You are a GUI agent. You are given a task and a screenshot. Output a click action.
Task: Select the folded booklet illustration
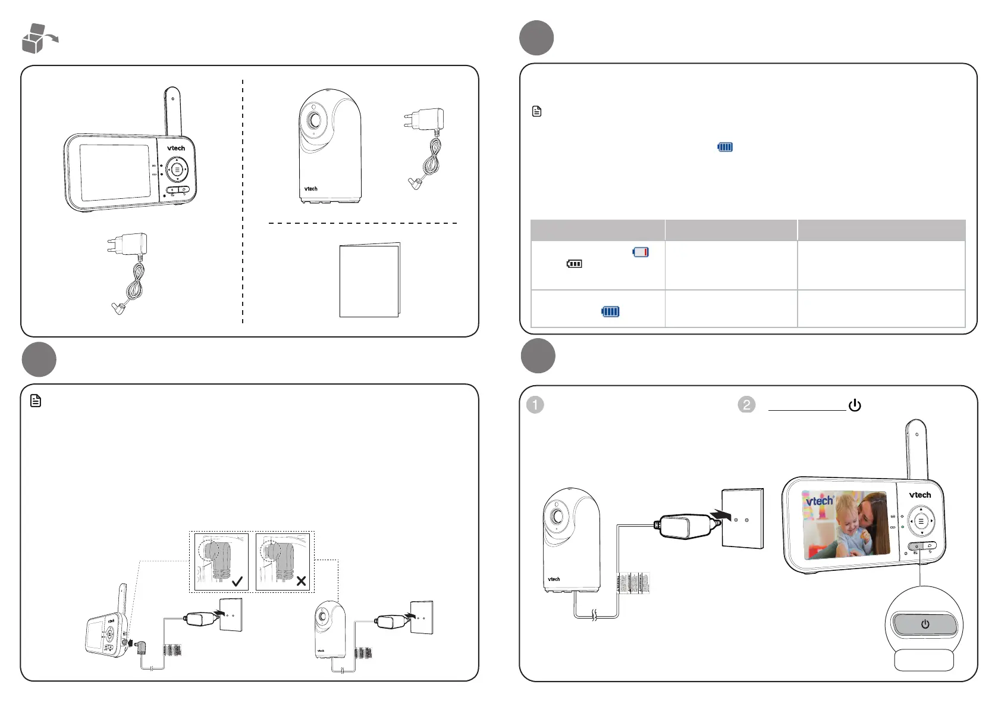coord(369,280)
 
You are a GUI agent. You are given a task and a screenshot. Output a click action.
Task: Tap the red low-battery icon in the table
coord(641,252)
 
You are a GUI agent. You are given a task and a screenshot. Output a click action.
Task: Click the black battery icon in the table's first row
coord(574,264)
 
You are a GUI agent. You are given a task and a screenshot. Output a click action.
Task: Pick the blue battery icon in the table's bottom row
coord(610,311)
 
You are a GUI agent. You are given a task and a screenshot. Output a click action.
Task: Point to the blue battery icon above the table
coord(725,147)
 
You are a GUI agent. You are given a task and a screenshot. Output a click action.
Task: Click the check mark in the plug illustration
coord(237,582)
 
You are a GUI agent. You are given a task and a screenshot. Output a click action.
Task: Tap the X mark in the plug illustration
coord(301,581)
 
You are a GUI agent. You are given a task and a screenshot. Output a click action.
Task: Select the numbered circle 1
coord(535,405)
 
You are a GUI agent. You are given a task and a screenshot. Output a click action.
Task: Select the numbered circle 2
coord(746,405)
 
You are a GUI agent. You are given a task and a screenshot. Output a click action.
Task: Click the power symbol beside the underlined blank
coord(855,405)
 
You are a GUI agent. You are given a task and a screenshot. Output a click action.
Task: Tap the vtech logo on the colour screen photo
coord(820,501)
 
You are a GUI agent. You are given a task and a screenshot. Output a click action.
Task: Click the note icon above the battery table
coord(536,111)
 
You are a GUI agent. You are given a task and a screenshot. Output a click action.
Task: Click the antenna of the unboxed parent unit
coord(172,110)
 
